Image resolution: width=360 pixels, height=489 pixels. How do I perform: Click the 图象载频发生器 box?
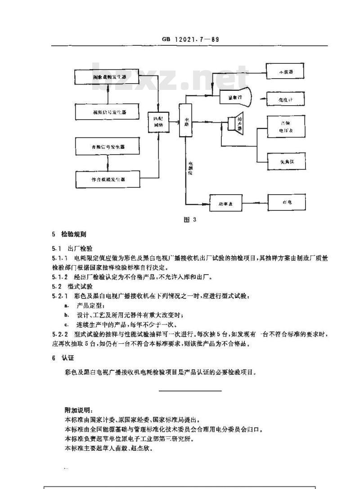[107, 77]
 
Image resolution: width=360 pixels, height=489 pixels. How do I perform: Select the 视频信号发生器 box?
[107, 111]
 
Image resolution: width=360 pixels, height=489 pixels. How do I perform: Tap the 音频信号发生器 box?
[107, 147]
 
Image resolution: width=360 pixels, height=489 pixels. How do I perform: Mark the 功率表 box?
[225, 203]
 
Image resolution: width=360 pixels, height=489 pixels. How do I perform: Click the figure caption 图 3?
[191, 220]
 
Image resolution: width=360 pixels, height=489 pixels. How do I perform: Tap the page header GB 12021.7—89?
[189, 40]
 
